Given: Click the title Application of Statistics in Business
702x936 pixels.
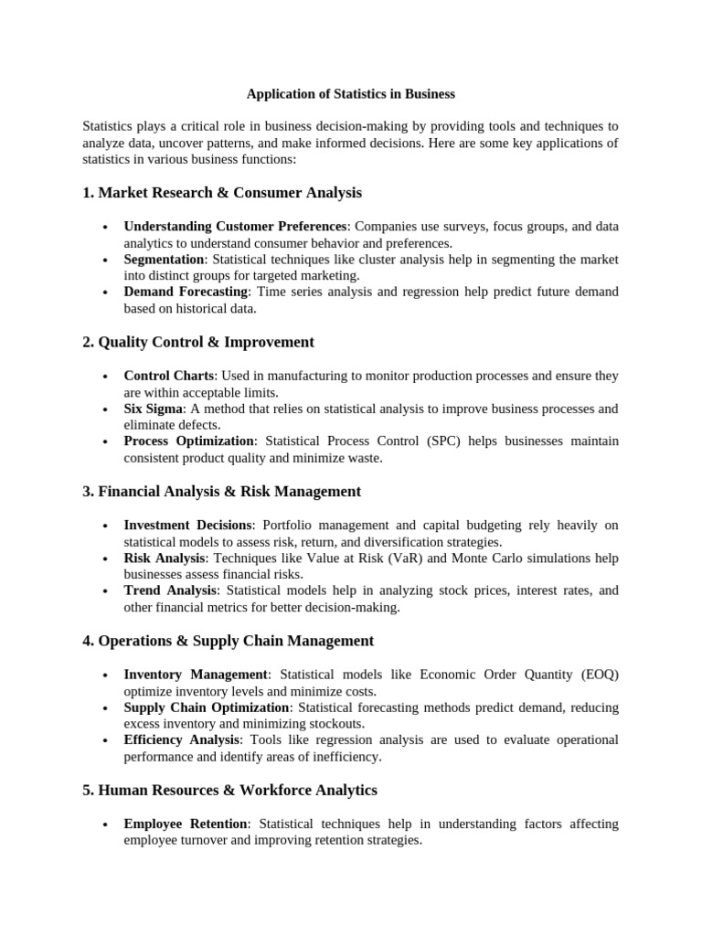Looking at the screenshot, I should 351,94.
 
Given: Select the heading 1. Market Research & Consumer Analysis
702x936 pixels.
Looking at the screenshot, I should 222,193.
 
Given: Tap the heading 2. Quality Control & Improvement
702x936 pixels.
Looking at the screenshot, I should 198,342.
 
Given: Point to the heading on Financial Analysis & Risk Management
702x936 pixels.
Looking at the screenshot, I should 222,492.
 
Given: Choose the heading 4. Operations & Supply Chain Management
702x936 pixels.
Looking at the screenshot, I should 229,641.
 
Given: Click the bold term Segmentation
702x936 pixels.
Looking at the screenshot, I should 164,260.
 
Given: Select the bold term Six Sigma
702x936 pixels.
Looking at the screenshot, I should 154,409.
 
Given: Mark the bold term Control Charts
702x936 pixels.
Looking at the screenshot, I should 169,376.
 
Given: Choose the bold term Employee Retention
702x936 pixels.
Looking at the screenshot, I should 186,824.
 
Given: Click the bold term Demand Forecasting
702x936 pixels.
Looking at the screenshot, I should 186,292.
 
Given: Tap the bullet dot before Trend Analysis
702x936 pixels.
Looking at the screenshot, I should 106,591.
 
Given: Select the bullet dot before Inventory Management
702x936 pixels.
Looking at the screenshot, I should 106,675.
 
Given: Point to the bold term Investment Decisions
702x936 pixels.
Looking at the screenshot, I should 187,526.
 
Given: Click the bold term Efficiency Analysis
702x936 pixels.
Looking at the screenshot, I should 182,739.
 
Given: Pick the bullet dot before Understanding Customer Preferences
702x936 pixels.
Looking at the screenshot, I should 106,227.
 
